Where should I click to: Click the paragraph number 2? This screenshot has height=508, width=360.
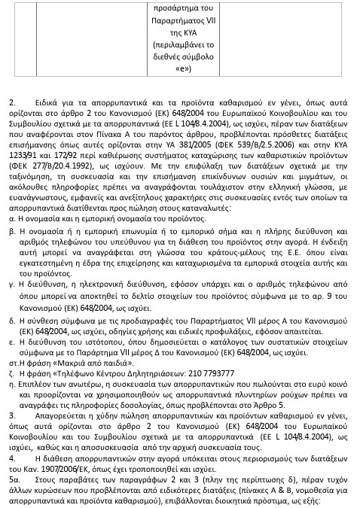point(11,122)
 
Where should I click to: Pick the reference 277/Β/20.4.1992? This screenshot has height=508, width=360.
point(54,181)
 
